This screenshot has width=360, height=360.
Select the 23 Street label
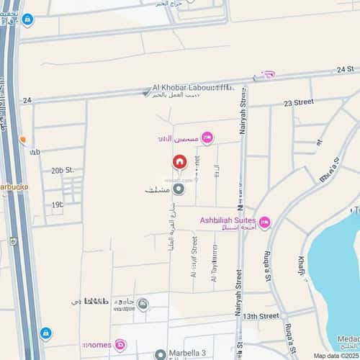click(x=298, y=103)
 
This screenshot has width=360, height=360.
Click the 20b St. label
click(x=63, y=170)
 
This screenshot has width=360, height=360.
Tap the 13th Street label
click(x=260, y=316)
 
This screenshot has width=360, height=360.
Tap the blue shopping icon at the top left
click(x=27, y=19)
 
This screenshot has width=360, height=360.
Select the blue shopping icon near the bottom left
click(x=46, y=333)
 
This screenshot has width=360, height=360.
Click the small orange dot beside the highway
click(x=23, y=139)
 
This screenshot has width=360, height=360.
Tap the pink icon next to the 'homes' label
click(x=120, y=344)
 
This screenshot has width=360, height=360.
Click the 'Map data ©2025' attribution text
click(x=335, y=356)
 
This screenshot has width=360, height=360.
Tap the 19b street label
click(x=57, y=204)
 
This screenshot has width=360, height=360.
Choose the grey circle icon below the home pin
click(x=179, y=189)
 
